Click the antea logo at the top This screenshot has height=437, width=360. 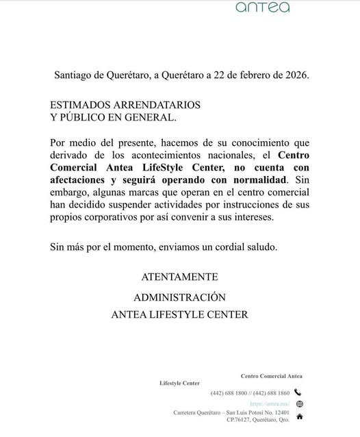(x=262, y=8)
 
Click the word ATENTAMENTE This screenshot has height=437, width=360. (x=179, y=277)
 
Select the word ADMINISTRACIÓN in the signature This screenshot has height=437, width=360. (x=179, y=297)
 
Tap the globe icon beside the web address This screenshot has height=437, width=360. (x=299, y=404)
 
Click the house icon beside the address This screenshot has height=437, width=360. (x=299, y=416)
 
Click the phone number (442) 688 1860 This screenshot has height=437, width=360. (x=270, y=393)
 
